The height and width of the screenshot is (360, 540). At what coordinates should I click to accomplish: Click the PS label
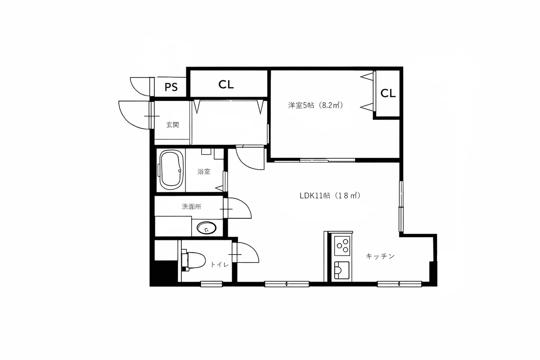(171, 87)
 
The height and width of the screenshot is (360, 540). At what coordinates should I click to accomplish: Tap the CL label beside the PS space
(226, 85)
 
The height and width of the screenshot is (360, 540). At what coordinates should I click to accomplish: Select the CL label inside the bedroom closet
(388, 93)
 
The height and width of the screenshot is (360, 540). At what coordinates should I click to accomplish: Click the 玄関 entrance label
(173, 125)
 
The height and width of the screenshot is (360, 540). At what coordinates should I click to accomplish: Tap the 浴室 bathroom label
(204, 171)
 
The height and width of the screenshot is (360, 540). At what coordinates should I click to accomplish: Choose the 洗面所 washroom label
(191, 207)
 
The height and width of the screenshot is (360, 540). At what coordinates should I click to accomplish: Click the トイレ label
(220, 265)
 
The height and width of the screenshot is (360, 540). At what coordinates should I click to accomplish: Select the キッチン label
(380, 256)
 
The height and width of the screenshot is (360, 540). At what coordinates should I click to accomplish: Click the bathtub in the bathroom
(171, 170)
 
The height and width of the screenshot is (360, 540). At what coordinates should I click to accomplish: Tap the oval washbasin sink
(207, 228)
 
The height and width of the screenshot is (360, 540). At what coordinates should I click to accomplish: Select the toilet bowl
(193, 261)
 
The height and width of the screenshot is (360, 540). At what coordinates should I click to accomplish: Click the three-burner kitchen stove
(342, 246)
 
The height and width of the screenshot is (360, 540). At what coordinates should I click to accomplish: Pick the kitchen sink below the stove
(342, 270)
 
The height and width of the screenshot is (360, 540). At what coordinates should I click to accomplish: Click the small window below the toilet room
(211, 284)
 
